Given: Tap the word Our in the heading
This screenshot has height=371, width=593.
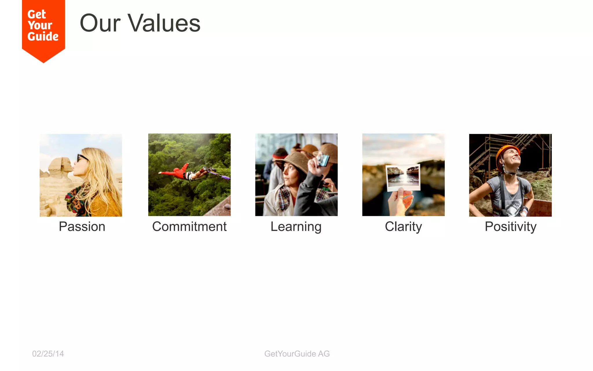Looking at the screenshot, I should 100,23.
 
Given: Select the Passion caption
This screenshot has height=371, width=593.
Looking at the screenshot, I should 82,227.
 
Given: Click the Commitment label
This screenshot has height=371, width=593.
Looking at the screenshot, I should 189,227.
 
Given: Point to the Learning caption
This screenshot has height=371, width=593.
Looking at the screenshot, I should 296,227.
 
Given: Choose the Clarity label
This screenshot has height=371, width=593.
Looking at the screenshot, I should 403,227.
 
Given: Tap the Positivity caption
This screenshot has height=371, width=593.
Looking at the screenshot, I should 510,227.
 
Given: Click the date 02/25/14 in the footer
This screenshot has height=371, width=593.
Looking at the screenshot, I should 48,354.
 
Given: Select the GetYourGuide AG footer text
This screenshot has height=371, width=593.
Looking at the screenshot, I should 297,354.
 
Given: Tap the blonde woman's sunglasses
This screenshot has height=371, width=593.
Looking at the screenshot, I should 82,158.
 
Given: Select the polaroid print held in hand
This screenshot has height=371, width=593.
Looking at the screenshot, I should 403,177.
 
